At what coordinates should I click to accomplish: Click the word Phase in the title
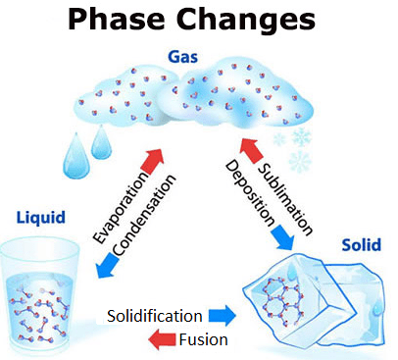pyautogui.click(x=116, y=19)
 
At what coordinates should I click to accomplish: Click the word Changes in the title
pyautogui.click(x=246, y=21)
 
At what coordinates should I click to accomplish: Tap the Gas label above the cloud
pyautogui.click(x=183, y=57)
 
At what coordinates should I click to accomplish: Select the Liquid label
pyautogui.click(x=41, y=218)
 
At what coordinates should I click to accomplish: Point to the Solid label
pyautogui.click(x=362, y=244)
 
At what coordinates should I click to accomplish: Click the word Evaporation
pyautogui.click(x=121, y=207)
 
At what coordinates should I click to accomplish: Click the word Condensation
pyautogui.click(x=144, y=215)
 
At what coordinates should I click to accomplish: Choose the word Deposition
pyautogui.click(x=250, y=193)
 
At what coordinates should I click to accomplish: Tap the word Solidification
pyautogui.click(x=155, y=316)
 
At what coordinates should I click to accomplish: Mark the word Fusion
pyautogui.click(x=203, y=339)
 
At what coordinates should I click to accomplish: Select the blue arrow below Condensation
pyautogui.click(x=108, y=265)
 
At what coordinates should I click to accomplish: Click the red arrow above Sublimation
pyautogui.click(x=252, y=150)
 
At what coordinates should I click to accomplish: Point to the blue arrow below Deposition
pyautogui.click(x=283, y=236)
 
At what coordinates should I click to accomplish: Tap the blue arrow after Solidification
pyautogui.click(x=223, y=316)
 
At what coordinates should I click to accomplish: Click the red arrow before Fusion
pyautogui.click(x=162, y=339)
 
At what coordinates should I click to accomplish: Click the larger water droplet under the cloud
pyautogui.click(x=76, y=156)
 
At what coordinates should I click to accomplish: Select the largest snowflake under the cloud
pyautogui.click(x=300, y=161)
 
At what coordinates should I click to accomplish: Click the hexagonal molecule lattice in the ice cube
pyautogui.click(x=283, y=301)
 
